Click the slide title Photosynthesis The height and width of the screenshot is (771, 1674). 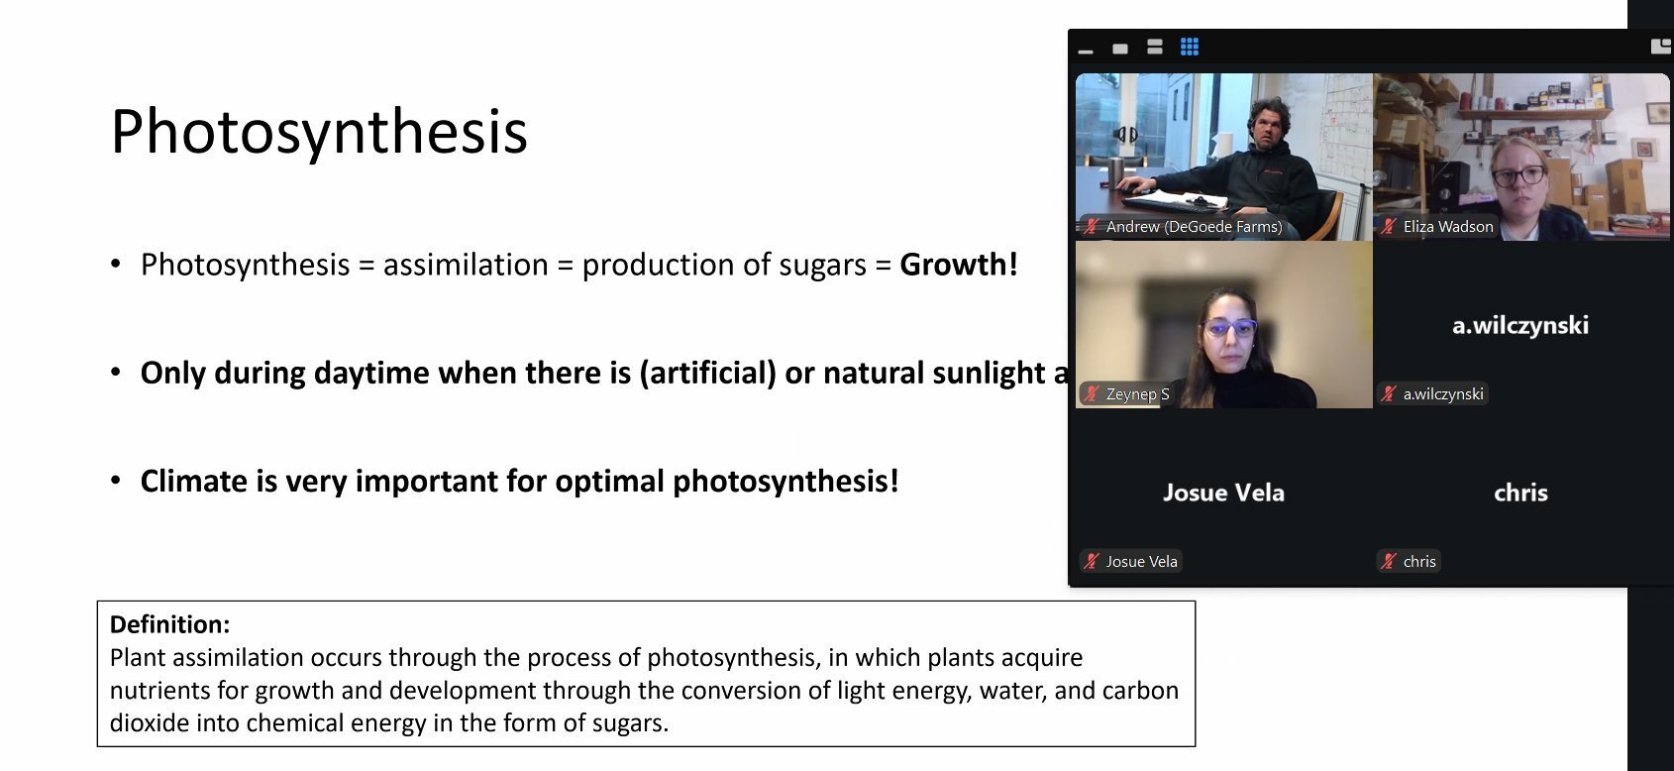click(319, 133)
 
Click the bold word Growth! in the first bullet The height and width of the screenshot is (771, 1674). click(958, 264)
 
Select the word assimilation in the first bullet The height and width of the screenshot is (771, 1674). click(466, 265)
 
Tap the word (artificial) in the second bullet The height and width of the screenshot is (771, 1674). click(707, 374)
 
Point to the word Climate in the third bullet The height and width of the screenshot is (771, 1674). click(194, 481)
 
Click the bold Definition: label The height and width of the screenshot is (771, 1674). click(169, 623)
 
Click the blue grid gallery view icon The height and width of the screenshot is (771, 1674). click(1189, 48)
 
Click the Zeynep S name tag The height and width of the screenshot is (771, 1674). click(1126, 394)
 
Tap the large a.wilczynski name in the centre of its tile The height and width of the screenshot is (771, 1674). click(1520, 325)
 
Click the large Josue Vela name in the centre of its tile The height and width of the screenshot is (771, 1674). click(1223, 493)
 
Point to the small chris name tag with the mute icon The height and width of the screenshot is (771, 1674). click(1408, 562)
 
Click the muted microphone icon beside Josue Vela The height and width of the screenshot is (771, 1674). click(1092, 562)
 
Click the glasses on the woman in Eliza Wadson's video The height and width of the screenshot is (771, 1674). click(1518, 176)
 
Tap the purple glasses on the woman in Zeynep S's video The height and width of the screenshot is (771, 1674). click(1229, 328)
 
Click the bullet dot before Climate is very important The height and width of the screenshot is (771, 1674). click(116, 481)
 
